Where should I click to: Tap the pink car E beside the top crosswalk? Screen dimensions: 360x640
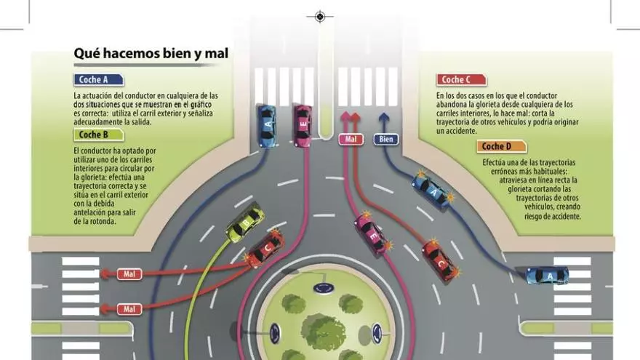[x=302, y=125]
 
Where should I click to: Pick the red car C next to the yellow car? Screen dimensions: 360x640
[x=264, y=248]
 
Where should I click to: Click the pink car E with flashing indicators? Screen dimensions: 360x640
[x=375, y=235]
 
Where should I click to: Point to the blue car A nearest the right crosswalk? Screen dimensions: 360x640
[x=546, y=275]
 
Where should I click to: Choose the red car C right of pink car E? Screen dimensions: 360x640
[x=441, y=260]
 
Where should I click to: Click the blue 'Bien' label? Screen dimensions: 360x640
[x=385, y=139]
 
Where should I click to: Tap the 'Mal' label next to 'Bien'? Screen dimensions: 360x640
[x=351, y=139]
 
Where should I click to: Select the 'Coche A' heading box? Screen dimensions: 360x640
[x=98, y=80]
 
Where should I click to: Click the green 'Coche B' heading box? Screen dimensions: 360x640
[x=98, y=135]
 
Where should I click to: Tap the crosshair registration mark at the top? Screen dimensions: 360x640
[x=319, y=15]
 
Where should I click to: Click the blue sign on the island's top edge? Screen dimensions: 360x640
[x=321, y=288]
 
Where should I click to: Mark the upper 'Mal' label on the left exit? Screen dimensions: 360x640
[x=129, y=274]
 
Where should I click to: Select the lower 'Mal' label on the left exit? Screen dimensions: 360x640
[x=129, y=309]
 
